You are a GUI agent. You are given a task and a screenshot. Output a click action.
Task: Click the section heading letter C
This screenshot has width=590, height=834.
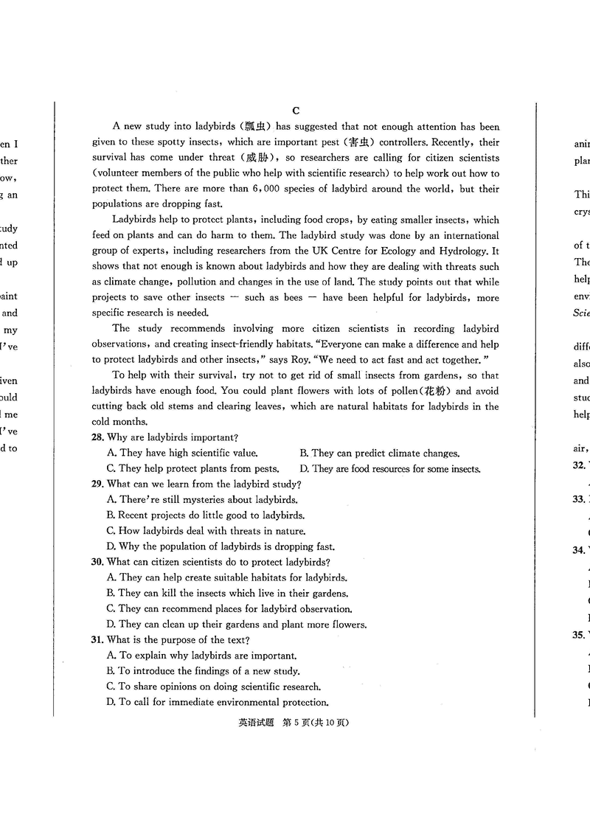pos(296,111)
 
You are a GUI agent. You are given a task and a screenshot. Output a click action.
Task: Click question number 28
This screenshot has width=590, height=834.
pos(98,438)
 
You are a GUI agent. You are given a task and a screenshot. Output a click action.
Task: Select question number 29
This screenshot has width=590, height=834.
pos(98,484)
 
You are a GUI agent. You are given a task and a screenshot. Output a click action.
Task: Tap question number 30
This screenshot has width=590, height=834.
pos(98,562)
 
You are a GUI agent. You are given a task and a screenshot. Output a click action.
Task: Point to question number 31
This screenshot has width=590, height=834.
pos(98,640)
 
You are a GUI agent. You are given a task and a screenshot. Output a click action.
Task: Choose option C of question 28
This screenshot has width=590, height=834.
pos(111,469)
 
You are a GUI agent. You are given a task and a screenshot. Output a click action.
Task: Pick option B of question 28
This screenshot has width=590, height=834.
pos(305,454)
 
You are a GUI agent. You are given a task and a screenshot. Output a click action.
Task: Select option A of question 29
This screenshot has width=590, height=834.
pos(111,500)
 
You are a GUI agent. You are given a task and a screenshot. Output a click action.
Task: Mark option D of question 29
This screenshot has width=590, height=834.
pos(111,547)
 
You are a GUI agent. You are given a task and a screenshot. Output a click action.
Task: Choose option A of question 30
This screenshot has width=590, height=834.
pos(111,578)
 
